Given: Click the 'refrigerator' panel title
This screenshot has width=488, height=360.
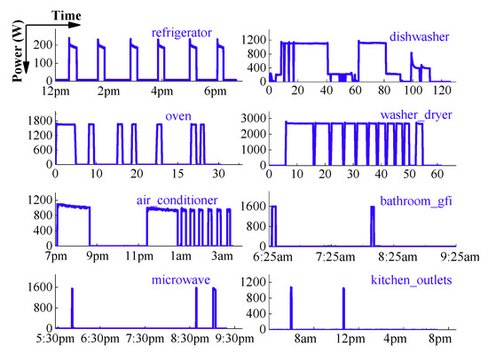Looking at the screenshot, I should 182,33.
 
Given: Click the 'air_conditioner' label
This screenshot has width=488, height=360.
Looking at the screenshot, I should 177,200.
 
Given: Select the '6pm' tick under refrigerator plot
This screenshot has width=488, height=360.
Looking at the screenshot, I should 215,91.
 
